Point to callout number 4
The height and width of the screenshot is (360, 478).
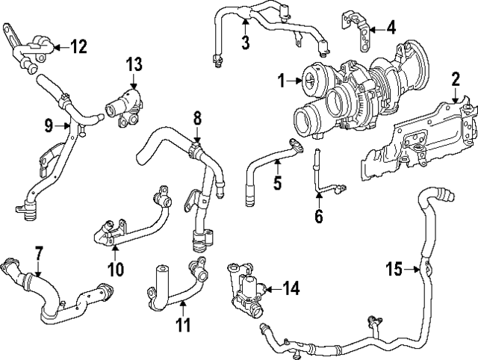tap(391, 28)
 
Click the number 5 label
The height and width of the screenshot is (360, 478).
tap(277, 182)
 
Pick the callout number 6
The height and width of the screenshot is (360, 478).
tap(318, 217)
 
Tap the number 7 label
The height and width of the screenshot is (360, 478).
tap(39, 253)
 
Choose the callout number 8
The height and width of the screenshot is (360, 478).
tap(197, 118)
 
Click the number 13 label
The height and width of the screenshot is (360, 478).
tap(133, 65)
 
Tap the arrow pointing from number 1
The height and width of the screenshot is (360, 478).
tap(293, 79)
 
